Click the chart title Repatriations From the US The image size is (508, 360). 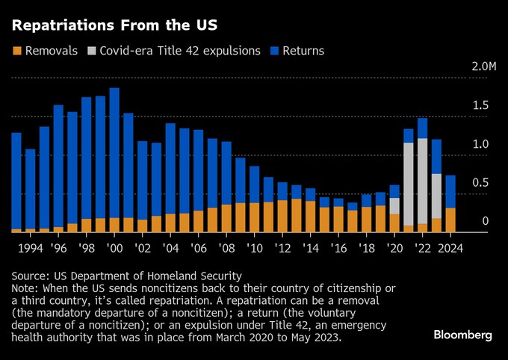coord(114,25)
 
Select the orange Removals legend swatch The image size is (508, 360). coord(16,51)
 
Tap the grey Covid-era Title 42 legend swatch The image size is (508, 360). coord(93,51)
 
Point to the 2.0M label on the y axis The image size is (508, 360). coord(485,67)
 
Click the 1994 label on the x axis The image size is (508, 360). coord(31,247)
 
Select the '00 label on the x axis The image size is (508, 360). coord(115,247)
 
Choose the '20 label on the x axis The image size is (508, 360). coord(394,247)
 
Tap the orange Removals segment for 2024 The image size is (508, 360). coord(450,220)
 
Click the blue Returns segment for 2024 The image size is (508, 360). coord(450,191)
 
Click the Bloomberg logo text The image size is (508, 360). coord(463,335)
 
